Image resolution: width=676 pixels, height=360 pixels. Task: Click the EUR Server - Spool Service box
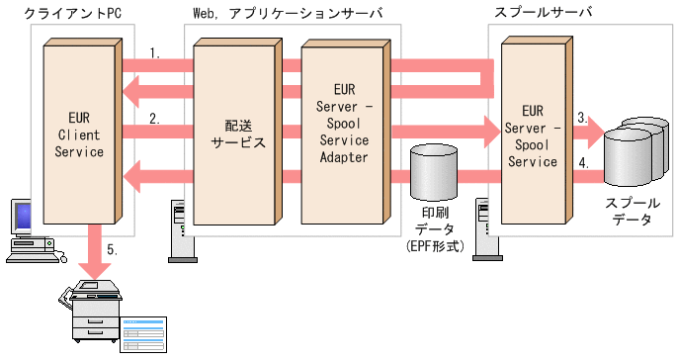pyautogui.click(x=538, y=134)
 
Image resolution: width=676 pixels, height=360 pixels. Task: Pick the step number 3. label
pyautogui.click(x=584, y=117)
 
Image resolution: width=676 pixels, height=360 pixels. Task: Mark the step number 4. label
pyautogui.click(x=584, y=163)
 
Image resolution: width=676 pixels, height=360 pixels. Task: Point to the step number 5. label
pyautogui.click(x=112, y=250)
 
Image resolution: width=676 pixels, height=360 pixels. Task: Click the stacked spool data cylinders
pyautogui.click(x=634, y=152)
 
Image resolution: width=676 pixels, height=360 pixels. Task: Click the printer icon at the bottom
pyautogui.click(x=91, y=314)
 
